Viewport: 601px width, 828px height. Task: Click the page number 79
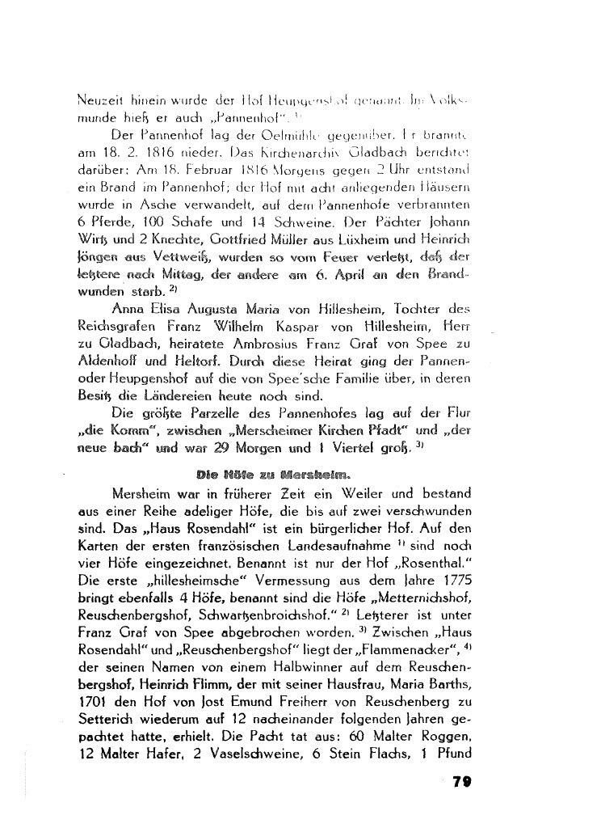[x=462, y=780]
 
